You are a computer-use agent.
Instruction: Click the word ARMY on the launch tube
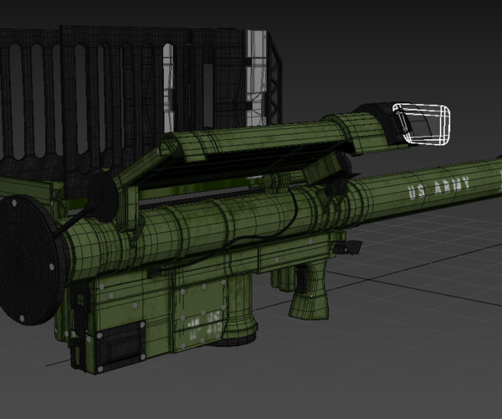449,186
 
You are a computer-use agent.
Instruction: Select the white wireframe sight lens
425,123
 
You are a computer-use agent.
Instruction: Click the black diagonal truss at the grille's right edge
274,92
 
